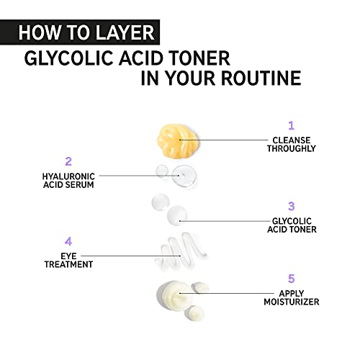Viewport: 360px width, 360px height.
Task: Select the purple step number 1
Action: (x=291, y=125)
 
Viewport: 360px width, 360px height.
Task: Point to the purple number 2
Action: (x=68, y=161)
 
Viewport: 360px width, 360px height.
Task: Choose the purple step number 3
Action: (x=291, y=206)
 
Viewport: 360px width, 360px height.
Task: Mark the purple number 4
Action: (x=68, y=241)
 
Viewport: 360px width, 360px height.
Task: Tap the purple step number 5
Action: (x=291, y=279)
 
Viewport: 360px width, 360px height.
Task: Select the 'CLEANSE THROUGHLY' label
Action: (x=293, y=143)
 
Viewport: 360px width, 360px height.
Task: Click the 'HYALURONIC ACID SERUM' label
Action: (x=68, y=179)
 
